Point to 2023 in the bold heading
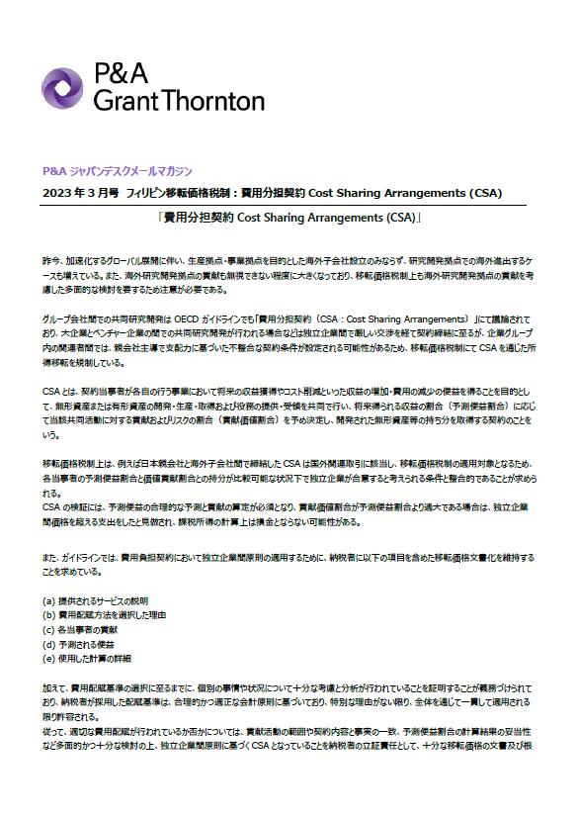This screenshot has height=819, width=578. (57, 191)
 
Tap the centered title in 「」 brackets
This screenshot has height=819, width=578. (289, 216)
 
